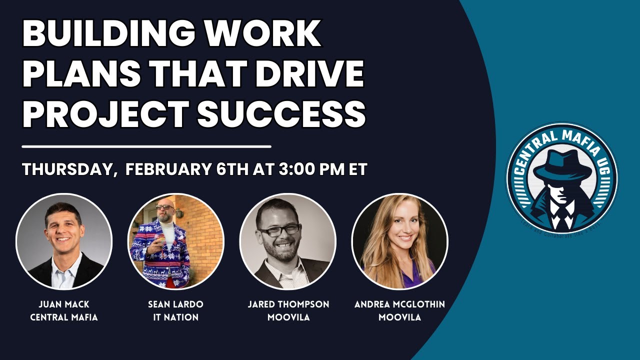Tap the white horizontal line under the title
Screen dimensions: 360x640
[x=146, y=146]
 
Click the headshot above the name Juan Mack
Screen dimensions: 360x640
[x=64, y=241]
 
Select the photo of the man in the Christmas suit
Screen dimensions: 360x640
[x=175, y=241]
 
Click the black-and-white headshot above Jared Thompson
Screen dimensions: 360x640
[x=287, y=241]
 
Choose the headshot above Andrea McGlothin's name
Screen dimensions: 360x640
[x=399, y=241]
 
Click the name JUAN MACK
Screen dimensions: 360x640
[x=64, y=304]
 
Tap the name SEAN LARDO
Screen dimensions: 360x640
[x=175, y=304]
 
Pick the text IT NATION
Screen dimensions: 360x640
[x=175, y=317]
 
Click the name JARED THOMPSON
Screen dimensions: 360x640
[x=288, y=304]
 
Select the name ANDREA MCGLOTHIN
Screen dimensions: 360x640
[x=399, y=304]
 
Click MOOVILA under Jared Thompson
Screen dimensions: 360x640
[x=288, y=317]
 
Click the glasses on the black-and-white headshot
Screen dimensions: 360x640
[x=279, y=230]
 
